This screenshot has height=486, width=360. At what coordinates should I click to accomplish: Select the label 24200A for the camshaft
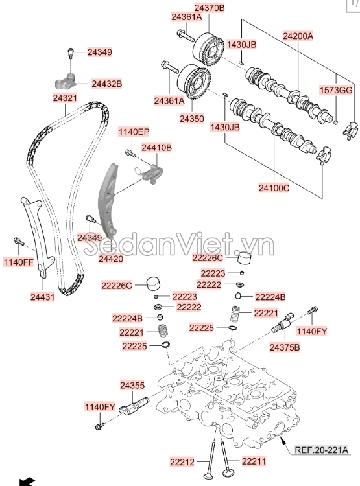(x=298, y=36)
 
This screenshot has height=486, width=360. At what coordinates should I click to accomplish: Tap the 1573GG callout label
(x=337, y=89)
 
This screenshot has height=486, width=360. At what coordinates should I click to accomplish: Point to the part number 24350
(x=192, y=119)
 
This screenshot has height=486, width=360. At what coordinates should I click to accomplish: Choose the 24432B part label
(x=106, y=84)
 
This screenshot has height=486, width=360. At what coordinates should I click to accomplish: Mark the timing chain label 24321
(x=65, y=98)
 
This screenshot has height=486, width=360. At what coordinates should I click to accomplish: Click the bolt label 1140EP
(x=133, y=132)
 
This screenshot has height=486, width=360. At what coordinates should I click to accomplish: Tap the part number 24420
(x=110, y=259)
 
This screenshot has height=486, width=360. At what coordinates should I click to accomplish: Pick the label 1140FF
(x=18, y=262)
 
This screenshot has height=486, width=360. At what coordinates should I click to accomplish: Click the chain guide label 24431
(x=42, y=297)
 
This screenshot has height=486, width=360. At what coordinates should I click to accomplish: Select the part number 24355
(x=132, y=385)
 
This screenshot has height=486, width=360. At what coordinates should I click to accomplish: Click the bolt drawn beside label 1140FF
(x=18, y=242)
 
